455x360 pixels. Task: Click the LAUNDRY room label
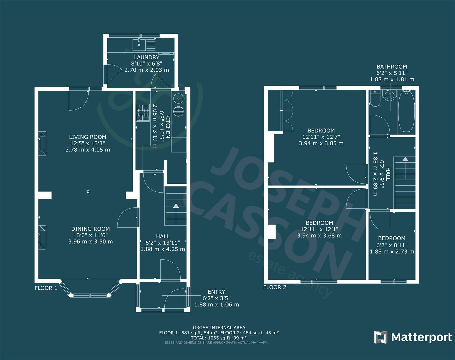[147, 57]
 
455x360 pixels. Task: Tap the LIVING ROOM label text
[88, 137]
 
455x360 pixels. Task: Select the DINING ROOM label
[90, 229]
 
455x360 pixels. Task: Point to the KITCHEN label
[168, 126]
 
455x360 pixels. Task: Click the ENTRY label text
[216, 292]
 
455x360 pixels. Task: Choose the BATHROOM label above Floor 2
[392, 67]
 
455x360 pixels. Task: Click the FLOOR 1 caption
[46, 288]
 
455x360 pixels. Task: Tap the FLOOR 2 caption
[275, 287]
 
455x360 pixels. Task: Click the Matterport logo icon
[381, 337]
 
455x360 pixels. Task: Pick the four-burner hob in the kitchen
[143, 113]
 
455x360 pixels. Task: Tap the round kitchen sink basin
[179, 98]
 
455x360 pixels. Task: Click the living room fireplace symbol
[42, 144]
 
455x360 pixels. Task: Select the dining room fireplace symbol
[42, 238]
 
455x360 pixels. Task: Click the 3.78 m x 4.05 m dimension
[88, 150]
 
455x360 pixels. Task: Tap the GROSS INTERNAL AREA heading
[219, 328]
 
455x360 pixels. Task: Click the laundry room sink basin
[139, 45]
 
